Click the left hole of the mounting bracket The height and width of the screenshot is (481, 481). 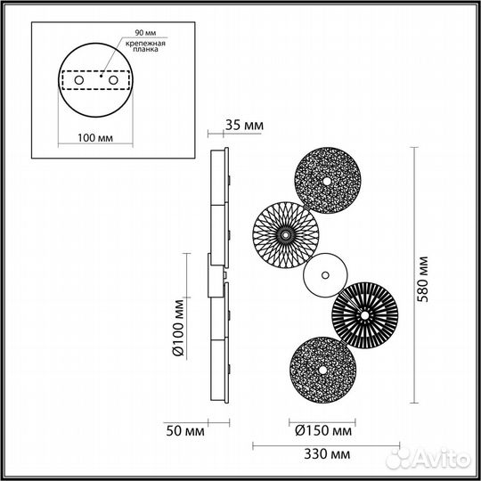78,81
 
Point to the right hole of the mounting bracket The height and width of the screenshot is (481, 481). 113,81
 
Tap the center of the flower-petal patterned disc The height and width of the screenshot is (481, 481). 285,233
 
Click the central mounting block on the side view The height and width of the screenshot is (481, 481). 216,275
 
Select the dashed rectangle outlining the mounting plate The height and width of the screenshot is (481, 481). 95,81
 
